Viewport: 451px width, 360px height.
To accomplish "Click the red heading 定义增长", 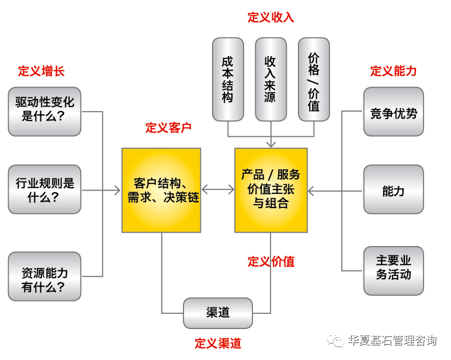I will point(41,71).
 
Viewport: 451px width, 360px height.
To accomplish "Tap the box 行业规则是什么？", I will point(44,189).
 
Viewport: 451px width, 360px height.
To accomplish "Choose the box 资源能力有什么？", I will point(44,276).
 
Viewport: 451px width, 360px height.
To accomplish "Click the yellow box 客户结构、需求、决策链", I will point(161,189).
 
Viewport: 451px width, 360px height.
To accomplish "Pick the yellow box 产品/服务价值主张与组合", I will point(271,189).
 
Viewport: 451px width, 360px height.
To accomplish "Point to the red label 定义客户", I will point(168,128).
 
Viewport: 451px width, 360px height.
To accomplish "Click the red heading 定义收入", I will point(270,18).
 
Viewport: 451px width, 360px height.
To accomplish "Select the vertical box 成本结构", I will point(228,79).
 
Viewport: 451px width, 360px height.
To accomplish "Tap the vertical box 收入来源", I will point(270,79).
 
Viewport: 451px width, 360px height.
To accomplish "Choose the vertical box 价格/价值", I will point(314,79).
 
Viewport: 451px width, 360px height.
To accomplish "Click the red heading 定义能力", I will point(393,71).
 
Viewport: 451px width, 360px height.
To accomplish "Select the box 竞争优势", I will point(393,112).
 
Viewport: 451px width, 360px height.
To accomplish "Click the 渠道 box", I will point(218,313).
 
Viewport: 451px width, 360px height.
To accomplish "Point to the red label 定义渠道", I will point(218,343).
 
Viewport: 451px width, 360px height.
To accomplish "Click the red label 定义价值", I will point(271,262).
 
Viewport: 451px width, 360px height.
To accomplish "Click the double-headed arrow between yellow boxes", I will point(218,189).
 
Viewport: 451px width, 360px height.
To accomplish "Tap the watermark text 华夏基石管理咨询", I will point(392,341).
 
